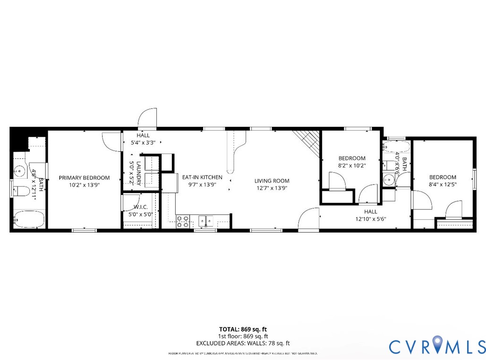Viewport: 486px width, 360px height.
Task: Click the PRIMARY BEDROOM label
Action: (84, 178)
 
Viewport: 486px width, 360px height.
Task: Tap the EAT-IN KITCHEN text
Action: (202, 177)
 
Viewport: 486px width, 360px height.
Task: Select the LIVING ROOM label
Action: (272, 181)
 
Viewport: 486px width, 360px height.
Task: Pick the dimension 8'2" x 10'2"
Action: (352, 166)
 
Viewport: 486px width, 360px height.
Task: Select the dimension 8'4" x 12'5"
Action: (443, 185)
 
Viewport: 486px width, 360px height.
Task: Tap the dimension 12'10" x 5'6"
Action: (377, 219)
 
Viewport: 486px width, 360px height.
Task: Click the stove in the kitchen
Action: (183, 221)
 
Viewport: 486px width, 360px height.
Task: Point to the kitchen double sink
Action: (205, 220)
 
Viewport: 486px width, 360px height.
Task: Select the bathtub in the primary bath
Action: (28, 220)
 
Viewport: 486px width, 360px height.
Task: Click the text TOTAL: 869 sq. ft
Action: (243, 329)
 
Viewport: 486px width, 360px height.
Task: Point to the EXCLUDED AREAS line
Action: (243, 343)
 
